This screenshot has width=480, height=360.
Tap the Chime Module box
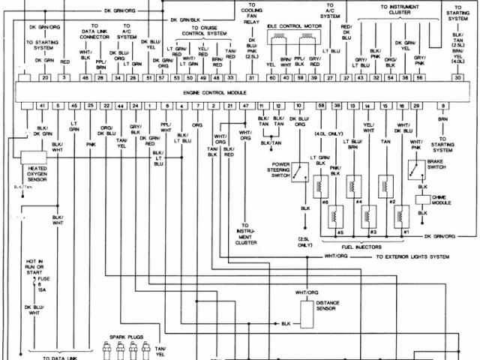pyautogui.click(x=422, y=200)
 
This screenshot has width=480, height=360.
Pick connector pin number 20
pyautogui.click(x=45, y=77)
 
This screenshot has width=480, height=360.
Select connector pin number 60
pyautogui.click(x=271, y=77)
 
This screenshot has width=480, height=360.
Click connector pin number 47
pyautogui.click(x=245, y=106)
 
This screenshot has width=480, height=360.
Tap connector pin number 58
pyautogui.click(x=321, y=106)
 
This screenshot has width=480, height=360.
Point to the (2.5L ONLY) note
pyautogui.click(x=304, y=241)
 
